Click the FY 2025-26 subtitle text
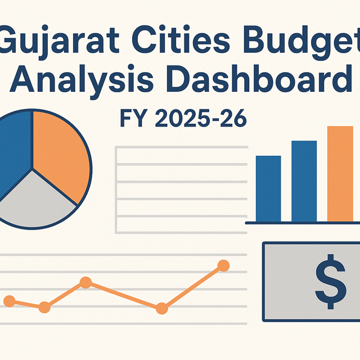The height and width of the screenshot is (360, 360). pos(183,120)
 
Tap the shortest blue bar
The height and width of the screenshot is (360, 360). pos(268,188)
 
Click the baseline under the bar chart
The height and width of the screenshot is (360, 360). pos(303,223)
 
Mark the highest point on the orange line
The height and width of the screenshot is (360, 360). pos(223,265)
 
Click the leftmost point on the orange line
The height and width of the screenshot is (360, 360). pos(10,301)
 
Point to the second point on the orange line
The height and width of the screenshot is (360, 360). pos(44,307)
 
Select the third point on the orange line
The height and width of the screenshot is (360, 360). pos(85,282)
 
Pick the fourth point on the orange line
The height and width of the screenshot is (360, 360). pos(161,308)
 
